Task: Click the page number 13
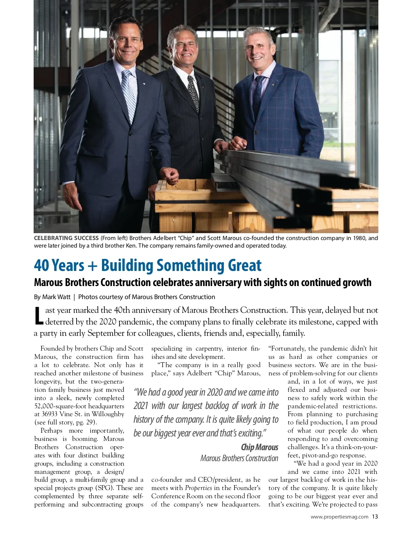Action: tap(375, 516)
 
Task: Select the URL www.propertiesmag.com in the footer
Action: tap(339, 517)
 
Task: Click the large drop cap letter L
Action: tap(39, 316)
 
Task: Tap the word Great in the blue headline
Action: tap(244, 265)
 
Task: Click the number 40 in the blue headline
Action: tap(42, 265)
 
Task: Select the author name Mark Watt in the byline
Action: tap(56, 297)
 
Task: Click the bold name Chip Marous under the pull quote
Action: tap(259, 447)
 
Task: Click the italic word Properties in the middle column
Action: tap(198, 488)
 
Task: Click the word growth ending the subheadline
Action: tap(357, 282)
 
